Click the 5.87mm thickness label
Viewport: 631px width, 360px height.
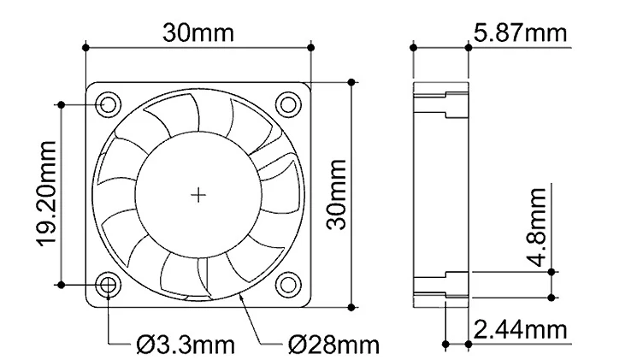point(519,33)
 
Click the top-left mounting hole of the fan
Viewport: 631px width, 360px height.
point(109,104)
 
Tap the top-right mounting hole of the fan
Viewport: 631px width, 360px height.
point(288,104)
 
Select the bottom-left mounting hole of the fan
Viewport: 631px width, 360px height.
point(109,284)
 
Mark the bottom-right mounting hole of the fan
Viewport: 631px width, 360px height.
point(288,284)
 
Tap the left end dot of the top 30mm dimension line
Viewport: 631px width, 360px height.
point(87,46)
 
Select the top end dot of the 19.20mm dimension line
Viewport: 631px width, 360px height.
point(61,104)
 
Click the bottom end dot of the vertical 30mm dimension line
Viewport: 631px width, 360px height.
point(350,306)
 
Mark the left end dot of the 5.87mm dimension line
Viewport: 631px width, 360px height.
point(413,48)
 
